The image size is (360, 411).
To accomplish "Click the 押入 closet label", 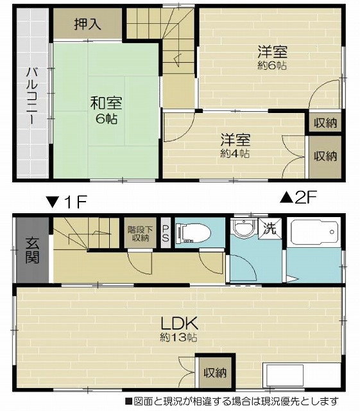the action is coord(87,24).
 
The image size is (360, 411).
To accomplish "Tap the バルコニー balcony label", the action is coord(32,96).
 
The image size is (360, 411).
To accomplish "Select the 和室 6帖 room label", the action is coord(106,110).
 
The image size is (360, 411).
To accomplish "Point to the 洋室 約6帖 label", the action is coord(272,58).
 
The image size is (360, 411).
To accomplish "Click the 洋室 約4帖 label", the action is coord(235,146).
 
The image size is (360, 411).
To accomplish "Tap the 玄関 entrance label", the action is coord(32,250).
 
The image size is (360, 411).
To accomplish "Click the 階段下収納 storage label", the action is coord(141,234).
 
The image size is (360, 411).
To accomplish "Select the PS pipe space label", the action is coord(166,233).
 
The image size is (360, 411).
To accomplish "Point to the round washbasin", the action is coord(244,227).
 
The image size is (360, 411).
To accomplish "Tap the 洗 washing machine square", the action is coord(270,229).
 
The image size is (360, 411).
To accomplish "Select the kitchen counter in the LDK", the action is coord(302,375).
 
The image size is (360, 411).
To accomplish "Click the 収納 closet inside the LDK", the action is coord(216,372).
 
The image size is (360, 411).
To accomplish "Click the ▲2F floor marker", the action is coord(298,198).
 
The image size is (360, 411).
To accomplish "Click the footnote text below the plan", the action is coord(232,401).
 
